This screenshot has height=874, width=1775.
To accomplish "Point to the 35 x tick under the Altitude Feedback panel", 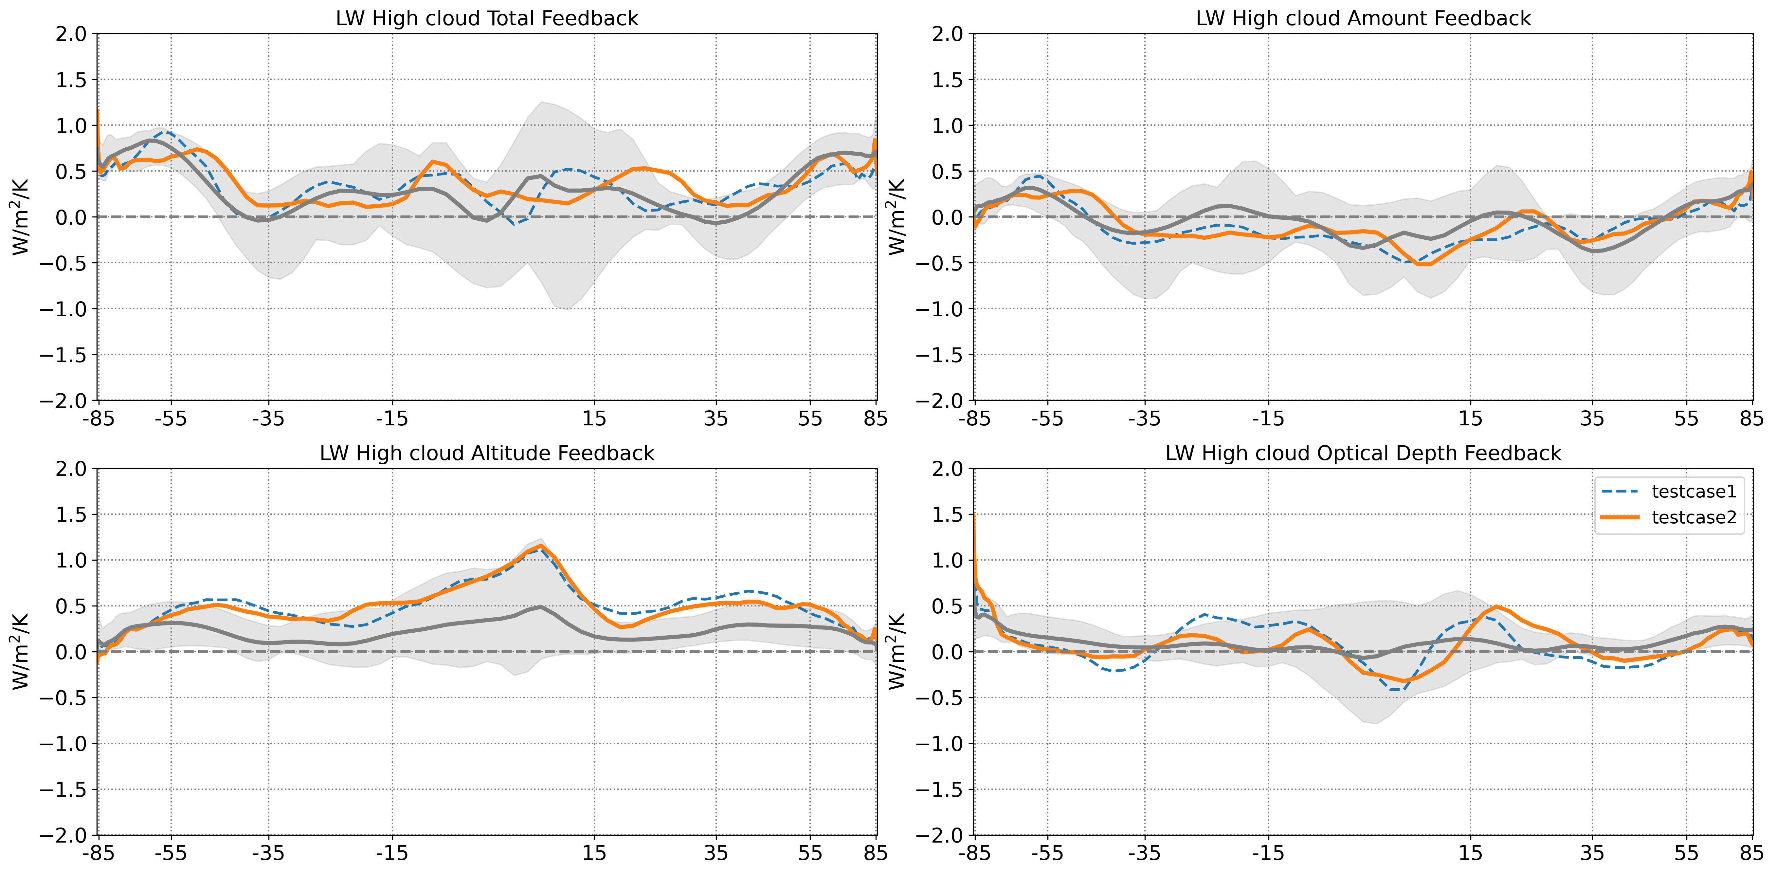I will [716, 853].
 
